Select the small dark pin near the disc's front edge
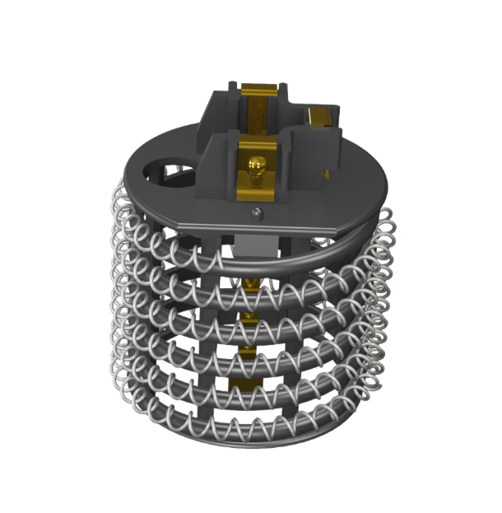tap(258, 212)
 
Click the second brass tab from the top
tap(250, 318)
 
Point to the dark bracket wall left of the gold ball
tap(218, 169)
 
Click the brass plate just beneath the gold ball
tap(257, 186)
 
